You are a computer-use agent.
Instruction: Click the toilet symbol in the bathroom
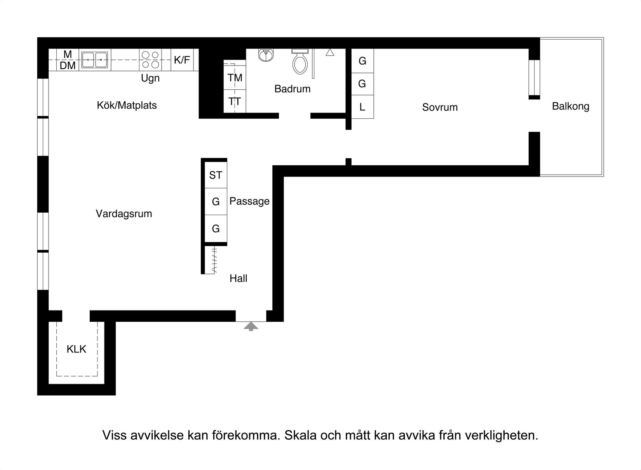300,62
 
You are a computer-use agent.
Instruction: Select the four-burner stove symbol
150,60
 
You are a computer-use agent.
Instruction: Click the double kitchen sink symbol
95,60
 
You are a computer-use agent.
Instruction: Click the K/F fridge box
182,60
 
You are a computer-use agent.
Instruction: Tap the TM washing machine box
235,78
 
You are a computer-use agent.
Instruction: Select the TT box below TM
235,102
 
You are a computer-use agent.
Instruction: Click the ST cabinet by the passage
216,175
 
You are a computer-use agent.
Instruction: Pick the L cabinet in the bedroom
362,107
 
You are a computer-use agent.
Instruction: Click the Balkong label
570,106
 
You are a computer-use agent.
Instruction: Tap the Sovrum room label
440,108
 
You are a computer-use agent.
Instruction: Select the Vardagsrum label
124,214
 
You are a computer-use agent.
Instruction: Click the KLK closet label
76,349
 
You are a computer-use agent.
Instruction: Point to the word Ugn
150,78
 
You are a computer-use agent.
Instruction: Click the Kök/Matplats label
127,106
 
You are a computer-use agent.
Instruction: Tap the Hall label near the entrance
238,278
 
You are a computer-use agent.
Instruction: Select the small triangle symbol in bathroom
330,52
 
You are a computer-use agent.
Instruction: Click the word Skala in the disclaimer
300,435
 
